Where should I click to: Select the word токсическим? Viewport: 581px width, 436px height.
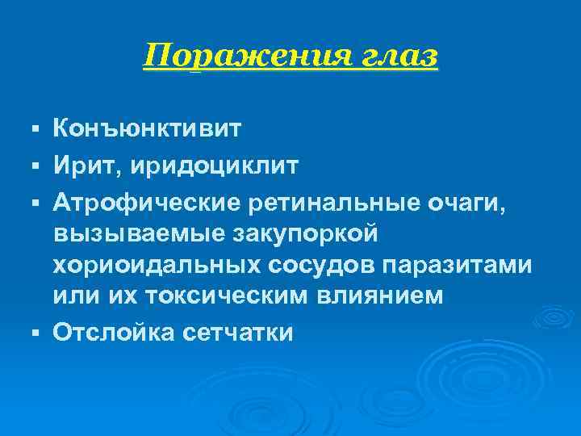pos(236,296)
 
